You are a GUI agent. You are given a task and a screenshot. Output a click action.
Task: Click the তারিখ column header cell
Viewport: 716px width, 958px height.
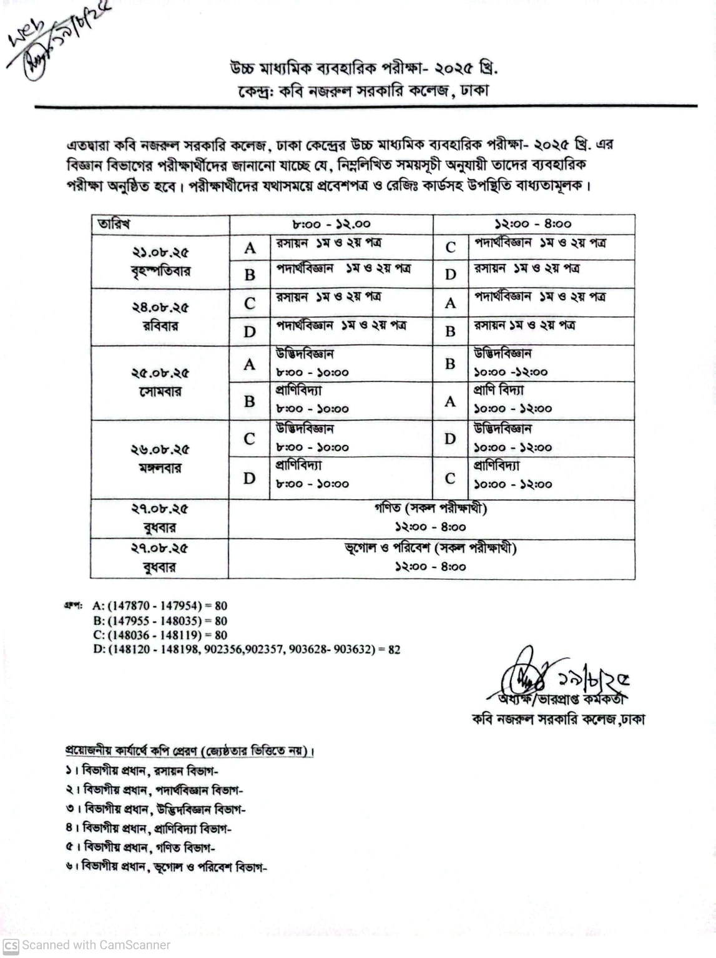114,224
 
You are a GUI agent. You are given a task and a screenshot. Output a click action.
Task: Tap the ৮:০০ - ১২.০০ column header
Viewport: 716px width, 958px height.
331,224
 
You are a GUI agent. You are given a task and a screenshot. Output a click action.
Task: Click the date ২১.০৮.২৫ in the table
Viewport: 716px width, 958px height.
160,253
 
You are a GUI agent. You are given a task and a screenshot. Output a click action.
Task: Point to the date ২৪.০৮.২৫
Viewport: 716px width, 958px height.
160,307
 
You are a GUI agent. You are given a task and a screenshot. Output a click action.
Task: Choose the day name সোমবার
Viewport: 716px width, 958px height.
160,392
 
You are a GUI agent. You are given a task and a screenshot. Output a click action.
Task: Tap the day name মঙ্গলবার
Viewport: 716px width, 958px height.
160,468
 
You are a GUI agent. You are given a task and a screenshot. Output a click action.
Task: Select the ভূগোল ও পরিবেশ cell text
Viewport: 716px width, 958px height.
431,549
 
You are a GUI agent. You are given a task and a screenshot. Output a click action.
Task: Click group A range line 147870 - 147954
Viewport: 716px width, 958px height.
160,605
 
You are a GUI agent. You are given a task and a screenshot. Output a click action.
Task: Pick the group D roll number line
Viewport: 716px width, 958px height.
247,650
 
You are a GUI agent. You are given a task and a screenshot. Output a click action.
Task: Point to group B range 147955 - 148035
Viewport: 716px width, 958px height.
160,621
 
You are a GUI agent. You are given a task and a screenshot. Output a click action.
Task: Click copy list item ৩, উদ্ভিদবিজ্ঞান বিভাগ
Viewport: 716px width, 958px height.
156,809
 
